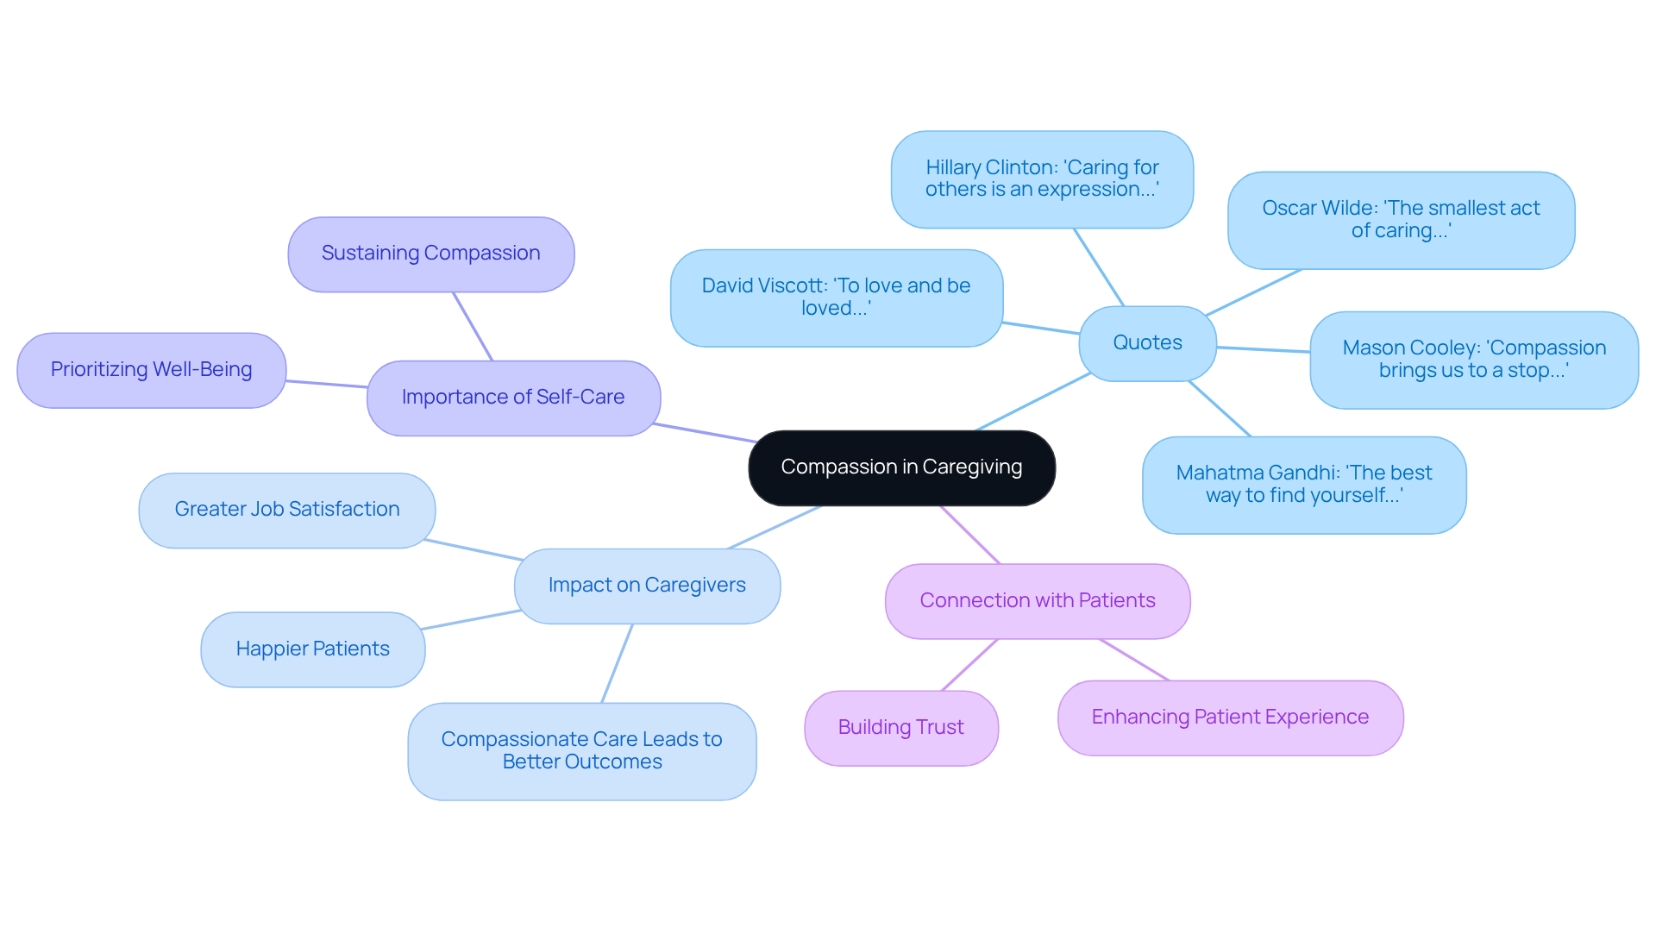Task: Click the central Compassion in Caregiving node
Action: [901, 467]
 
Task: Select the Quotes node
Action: [1147, 343]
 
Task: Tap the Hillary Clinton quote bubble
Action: [1042, 179]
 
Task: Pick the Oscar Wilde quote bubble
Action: [1401, 220]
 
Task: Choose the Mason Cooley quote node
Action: [1473, 360]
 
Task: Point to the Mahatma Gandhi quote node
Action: [1303, 485]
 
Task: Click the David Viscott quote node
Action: [836, 298]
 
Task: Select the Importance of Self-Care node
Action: [513, 398]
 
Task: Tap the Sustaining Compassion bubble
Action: [430, 254]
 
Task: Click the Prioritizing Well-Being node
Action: [151, 370]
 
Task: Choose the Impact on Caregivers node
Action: [647, 586]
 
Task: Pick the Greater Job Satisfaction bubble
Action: [286, 510]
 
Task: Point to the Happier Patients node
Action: [312, 649]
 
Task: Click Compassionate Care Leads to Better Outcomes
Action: [581, 751]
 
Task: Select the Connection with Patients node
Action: [1037, 601]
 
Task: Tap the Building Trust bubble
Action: [900, 728]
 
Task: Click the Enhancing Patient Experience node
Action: [1230, 718]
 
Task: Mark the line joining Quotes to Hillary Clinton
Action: [1099, 267]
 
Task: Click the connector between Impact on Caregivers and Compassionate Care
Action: [617, 663]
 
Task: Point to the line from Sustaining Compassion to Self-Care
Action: [473, 326]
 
